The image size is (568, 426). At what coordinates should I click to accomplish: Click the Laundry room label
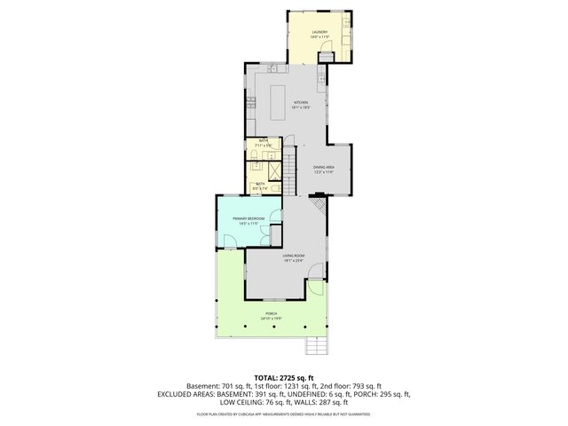pyautogui.click(x=319, y=33)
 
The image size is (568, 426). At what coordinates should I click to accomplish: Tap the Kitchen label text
pyautogui.click(x=301, y=103)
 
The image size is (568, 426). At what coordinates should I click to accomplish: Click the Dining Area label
pyautogui.click(x=323, y=167)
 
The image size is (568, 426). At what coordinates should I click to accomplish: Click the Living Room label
pyautogui.click(x=294, y=256)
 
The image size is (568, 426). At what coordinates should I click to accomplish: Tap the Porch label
pyautogui.click(x=269, y=313)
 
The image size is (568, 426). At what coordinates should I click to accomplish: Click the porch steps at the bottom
pyautogui.click(x=317, y=347)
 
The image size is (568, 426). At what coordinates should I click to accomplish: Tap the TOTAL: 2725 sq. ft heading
pyautogui.click(x=283, y=377)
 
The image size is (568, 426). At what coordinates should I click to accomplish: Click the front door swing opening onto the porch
pyautogui.click(x=314, y=290)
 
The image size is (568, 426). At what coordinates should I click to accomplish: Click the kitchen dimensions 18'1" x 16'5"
pyautogui.click(x=301, y=107)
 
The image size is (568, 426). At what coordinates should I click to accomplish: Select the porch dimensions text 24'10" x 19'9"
pyautogui.click(x=269, y=318)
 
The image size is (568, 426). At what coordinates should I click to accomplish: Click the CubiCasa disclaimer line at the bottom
pyautogui.click(x=283, y=414)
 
